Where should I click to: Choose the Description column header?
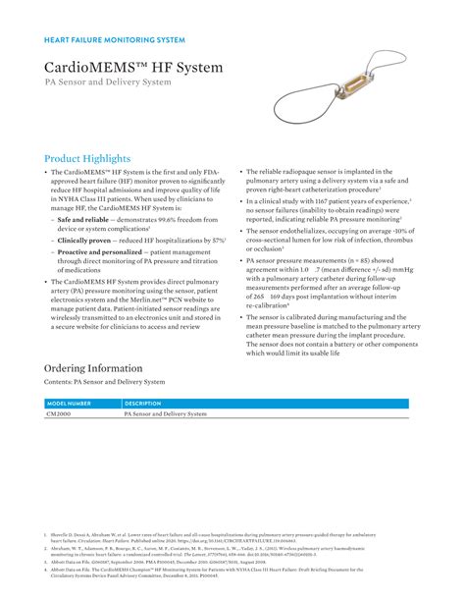pyautogui.click(x=143, y=404)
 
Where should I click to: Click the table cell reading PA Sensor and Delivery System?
pyautogui.click(x=166, y=415)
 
